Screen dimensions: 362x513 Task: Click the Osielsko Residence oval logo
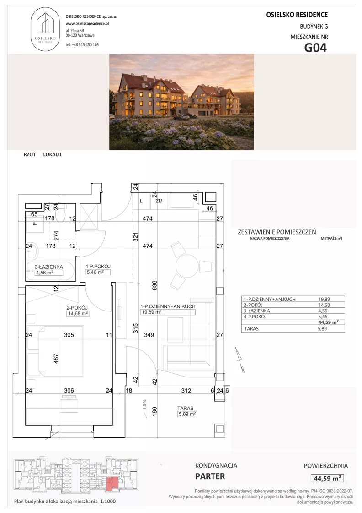point(45,29)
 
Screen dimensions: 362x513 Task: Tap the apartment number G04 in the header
point(315,48)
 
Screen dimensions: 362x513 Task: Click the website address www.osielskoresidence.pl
point(87,23)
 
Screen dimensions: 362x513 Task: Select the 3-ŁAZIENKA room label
point(49,267)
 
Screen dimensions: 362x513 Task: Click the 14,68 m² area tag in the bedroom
point(78,313)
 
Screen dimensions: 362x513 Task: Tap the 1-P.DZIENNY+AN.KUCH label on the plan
point(168,306)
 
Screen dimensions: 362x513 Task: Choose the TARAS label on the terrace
point(185,408)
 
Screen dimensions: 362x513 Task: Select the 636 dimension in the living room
point(155,285)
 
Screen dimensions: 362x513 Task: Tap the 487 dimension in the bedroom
point(56,359)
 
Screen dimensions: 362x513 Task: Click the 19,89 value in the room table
point(324,299)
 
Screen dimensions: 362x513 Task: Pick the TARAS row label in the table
point(251,329)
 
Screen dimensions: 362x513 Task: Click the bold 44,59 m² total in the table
point(328,322)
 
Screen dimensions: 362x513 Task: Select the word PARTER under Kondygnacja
point(210,476)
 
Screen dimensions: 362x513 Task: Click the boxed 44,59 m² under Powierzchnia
point(327,478)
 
